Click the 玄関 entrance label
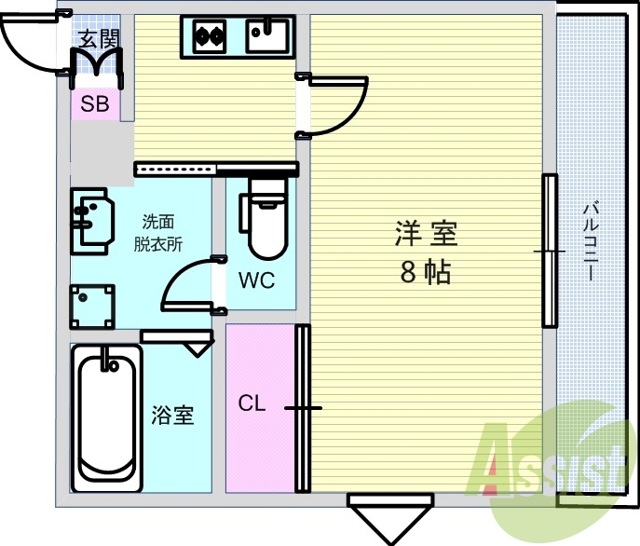click(99, 39)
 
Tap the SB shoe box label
click(95, 103)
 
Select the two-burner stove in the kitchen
click(210, 36)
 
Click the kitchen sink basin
click(266, 35)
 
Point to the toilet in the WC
click(264, 219)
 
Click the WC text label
click(257, 280)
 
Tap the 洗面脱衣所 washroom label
click(158, 233)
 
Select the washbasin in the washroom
click(92, 222)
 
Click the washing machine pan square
click(92, 307)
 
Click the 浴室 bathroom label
click(172, 416)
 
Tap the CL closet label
click(252, 403)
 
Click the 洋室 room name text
click(426, 233)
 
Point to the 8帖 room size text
click(426, 272)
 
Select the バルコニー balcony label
click(591, 241)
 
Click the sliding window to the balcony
click(550, 251)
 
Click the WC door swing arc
click(178, 274)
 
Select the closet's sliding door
click(303, 408)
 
